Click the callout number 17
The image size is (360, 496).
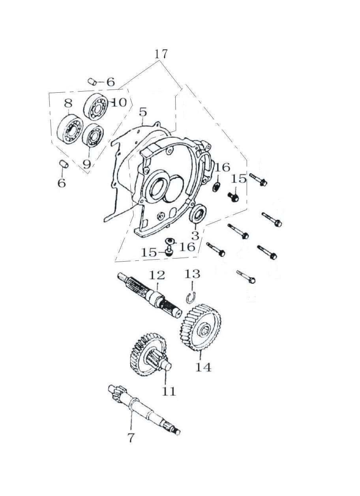161,54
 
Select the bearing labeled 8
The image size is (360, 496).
68,129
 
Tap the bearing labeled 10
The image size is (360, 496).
95,107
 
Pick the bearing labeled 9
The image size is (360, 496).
93,135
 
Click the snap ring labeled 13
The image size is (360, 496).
191,297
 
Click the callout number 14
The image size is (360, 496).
203,368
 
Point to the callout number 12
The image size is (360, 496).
157,275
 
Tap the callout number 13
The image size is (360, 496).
192,274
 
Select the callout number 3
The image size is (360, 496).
195,236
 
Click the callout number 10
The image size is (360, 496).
119,102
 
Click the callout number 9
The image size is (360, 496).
87,164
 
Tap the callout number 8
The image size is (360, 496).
68,103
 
